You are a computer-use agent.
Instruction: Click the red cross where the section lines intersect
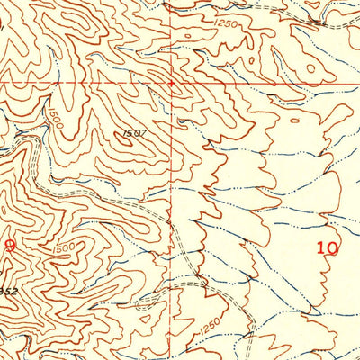tap(171, 85)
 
